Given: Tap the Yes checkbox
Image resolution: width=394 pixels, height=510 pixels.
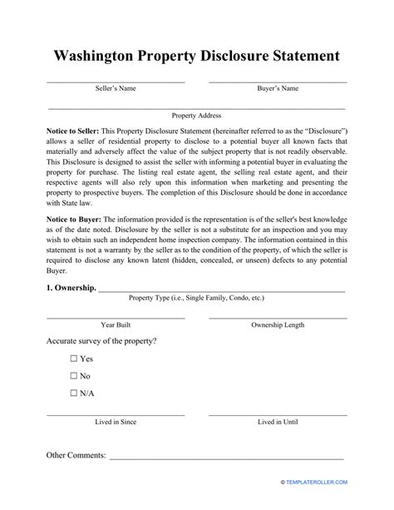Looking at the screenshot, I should pyautogui.click(x=74, y=359).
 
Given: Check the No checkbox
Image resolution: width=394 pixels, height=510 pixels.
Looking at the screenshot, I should pyautogui.click(x=74, y=375).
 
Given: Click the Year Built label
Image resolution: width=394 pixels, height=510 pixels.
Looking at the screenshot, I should pyautogui.click(x=115, y=324).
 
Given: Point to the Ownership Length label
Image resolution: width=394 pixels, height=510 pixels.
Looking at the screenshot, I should pyautogui.click(x=278, y=324).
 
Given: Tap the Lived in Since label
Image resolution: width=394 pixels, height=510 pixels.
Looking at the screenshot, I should pyautogui.click(x=115, y=422).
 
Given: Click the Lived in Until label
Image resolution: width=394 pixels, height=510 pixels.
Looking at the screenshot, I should pyautogui.click(x=278, y=422).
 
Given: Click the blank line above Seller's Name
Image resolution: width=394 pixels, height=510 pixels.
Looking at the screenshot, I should pyautogui.click(x=115, y=82).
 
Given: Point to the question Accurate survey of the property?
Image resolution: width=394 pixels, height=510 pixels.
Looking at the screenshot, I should pyautogui.click(x=101, y=341).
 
